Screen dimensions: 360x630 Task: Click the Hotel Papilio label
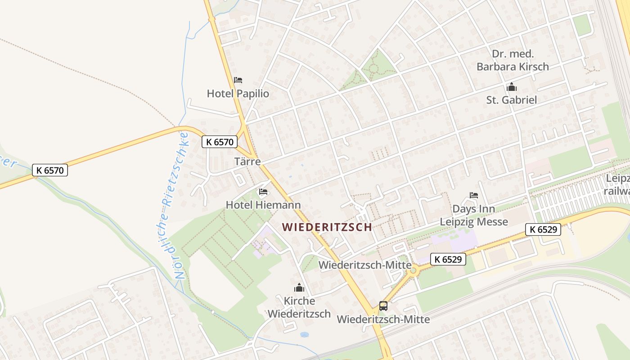pos(238,94)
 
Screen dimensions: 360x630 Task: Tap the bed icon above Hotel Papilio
pos(238,80)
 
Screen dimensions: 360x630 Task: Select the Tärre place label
pos(247,162)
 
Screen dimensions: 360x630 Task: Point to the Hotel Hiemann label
pos(263,205)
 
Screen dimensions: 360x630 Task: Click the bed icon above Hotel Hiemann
pos(263,192)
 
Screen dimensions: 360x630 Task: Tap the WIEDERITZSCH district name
pos(327,227)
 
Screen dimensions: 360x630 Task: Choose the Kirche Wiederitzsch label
pos(299,307)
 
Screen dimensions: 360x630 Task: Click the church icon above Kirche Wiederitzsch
pos(299,288)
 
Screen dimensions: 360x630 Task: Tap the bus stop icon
pos(383,306)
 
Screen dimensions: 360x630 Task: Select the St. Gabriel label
pos(511,100)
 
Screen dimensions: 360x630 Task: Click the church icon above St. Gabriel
pos(511,87)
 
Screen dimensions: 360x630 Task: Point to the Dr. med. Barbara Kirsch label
pos(513,60)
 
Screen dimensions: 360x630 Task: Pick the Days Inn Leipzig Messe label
pos(473,215)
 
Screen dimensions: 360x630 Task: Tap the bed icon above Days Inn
pos(473,195)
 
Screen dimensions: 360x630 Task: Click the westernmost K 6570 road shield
pos(50,170)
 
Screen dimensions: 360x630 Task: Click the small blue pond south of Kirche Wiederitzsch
pos(304,335)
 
